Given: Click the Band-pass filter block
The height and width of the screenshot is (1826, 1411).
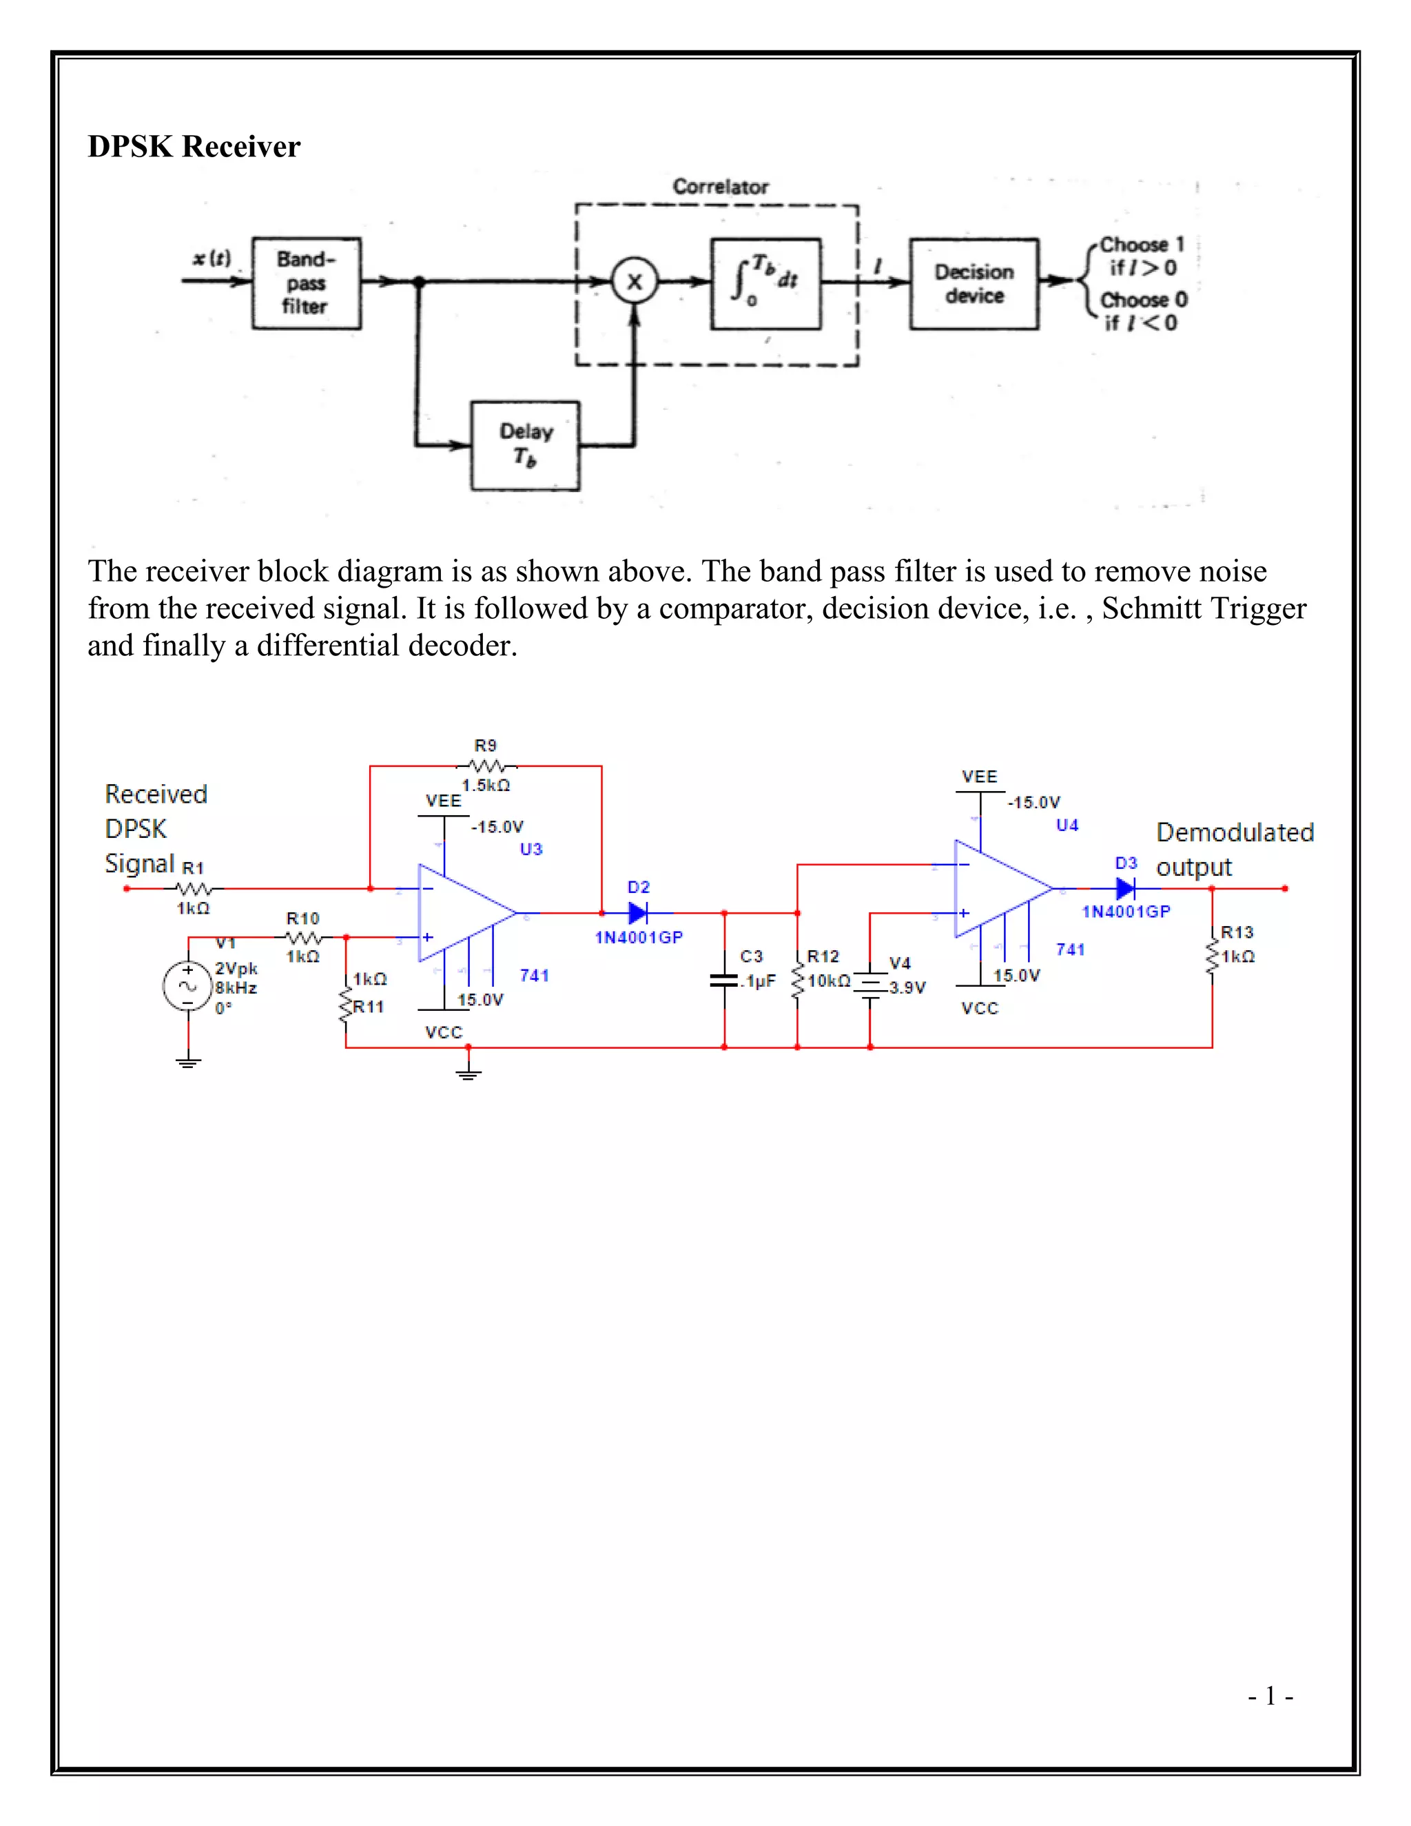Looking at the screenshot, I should tap(306, 283).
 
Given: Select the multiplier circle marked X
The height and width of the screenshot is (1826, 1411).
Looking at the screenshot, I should tap(635, 282).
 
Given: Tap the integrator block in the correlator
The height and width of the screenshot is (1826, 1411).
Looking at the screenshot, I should tap(765, 283).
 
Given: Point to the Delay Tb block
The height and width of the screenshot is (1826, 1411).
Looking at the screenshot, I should tap(525, 445).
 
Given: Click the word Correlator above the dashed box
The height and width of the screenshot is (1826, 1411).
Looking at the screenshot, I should tap(721, 187).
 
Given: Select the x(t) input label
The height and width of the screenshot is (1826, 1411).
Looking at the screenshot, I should tap(212, 258).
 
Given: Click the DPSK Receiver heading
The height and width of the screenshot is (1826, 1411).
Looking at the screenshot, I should tap(194, 146).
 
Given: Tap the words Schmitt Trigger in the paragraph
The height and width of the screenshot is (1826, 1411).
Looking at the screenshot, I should tap(1204, 608).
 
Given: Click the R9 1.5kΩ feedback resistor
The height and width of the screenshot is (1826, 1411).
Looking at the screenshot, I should tap(486, 765).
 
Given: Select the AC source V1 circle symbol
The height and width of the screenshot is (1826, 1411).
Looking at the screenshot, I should tap(188, 986).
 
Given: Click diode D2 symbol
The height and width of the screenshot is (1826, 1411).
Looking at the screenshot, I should tap(639, 913).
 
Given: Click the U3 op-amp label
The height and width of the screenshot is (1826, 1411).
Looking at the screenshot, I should tap(531, 849).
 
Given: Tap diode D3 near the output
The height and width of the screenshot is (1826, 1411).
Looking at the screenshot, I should tap(1126, 888).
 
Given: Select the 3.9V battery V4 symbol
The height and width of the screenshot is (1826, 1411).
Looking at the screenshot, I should tap(870, 985).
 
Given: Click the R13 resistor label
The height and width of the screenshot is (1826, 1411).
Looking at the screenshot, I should tap(1237, 932).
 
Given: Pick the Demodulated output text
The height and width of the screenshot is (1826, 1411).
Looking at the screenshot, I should tap(1234, 849).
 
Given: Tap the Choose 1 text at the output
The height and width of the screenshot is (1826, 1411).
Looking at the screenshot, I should tap(1142, 245).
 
